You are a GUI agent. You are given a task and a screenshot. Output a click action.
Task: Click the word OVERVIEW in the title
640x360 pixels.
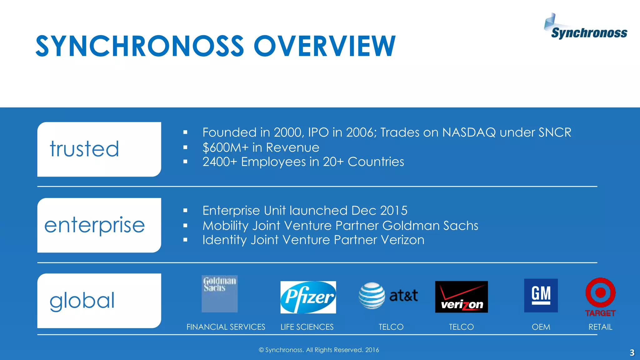(x=325, y=46)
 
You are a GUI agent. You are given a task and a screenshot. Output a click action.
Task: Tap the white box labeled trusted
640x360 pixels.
(x=99, y=149)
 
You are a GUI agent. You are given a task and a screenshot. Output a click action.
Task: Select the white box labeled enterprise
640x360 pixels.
(x=99, y=225)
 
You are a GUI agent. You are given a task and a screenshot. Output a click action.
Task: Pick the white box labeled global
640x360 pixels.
(x=99, y=301)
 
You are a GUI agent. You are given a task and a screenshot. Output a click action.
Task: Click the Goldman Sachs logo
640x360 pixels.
(x=219, y=293)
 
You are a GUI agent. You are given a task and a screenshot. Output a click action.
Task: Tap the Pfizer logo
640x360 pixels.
(x=308, y=297)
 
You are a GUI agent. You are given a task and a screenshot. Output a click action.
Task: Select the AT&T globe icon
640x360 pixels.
(x=372, y=295)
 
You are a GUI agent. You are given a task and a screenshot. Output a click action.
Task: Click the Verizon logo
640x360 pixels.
(x=461, y=297)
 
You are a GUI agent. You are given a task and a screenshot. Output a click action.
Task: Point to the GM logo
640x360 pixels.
(x=541, y=295)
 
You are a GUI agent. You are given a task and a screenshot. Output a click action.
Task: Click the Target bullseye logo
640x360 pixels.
(x=600, y=293)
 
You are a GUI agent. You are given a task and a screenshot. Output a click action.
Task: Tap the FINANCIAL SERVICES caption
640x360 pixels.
(x=226, y=327)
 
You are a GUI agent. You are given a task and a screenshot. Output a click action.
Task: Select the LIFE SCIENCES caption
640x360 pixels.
(x=307, y=327)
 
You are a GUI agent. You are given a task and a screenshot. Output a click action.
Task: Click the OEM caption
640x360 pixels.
(x=541, y=327)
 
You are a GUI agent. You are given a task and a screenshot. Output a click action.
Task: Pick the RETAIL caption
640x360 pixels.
(x=600, y=327)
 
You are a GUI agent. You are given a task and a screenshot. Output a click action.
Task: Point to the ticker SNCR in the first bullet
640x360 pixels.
(x=555, y=132)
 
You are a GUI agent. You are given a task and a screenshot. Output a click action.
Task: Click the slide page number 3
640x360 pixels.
(x=632, y=353)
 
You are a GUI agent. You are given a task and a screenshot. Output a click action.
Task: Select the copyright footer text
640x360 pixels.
(x=319, y=350)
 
